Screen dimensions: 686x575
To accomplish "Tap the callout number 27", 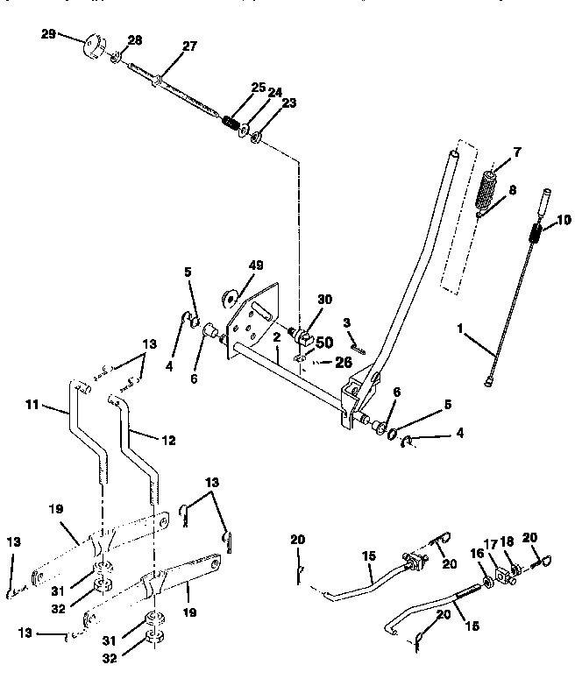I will [x=189, y=47].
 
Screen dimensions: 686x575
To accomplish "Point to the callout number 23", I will [x=288, y=103].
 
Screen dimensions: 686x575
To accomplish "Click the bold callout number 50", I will [x=324, y=342].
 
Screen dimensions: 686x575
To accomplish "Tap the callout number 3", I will [x=346, y=322].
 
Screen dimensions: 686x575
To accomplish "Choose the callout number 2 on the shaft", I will [x=275, y=336].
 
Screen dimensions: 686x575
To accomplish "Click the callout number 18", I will [x=508, y=545].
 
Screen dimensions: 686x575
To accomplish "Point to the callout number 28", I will [x=134, y=40].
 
